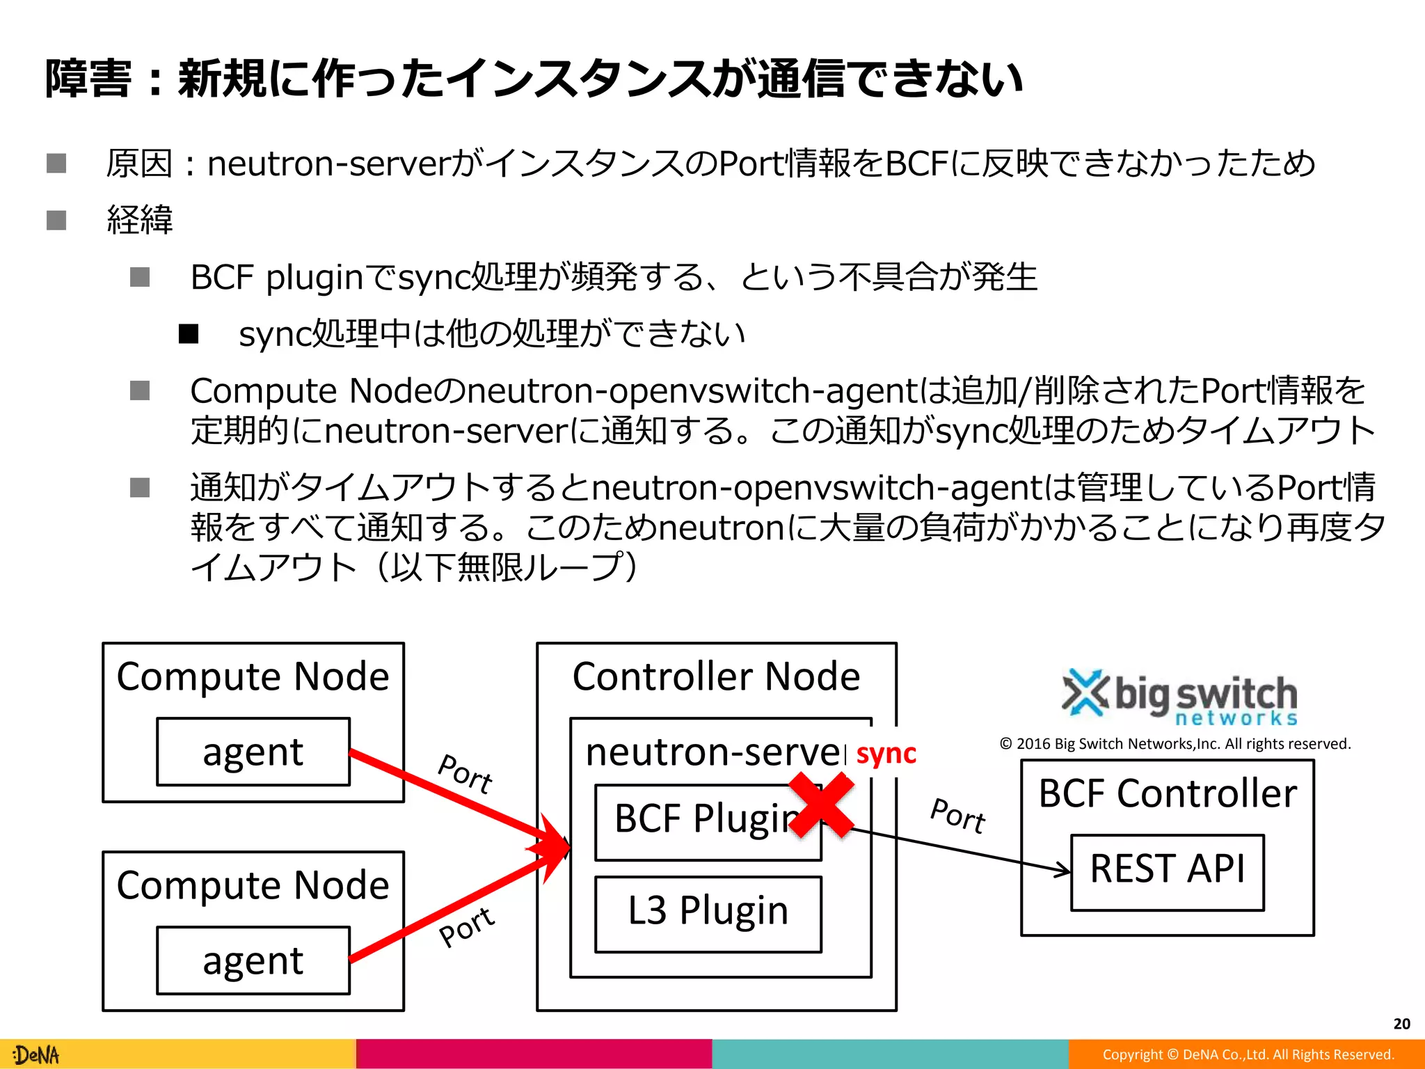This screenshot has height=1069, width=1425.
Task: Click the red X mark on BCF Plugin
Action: pos(821,805)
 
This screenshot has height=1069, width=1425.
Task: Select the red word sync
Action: pos(886,754)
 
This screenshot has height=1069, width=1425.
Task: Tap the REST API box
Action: pos(1167,871)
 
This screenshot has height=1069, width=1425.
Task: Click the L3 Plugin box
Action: pos(708,913)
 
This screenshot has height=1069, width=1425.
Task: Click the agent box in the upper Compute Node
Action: pos(253,752)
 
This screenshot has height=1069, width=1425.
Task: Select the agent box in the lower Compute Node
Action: pos(253,960)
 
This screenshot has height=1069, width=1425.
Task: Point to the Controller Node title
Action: pos(716,676)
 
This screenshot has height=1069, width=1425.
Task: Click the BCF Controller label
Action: pos(1167,794)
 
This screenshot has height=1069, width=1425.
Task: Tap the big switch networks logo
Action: pos(1180,697)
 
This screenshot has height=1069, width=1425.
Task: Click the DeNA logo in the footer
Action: pos(37,1055)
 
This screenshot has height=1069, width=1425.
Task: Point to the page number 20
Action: pos(1401,1024)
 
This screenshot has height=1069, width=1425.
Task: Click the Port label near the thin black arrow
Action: pos(958,815)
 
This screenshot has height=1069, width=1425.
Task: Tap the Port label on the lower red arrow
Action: pos(467,927)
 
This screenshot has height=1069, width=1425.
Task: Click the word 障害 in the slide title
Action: pos(88,78)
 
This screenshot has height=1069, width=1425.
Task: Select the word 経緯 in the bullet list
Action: pos(140,220)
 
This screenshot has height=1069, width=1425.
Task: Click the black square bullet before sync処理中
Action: pos(189,334)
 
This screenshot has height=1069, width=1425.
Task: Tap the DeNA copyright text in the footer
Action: pos(1248,1055)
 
